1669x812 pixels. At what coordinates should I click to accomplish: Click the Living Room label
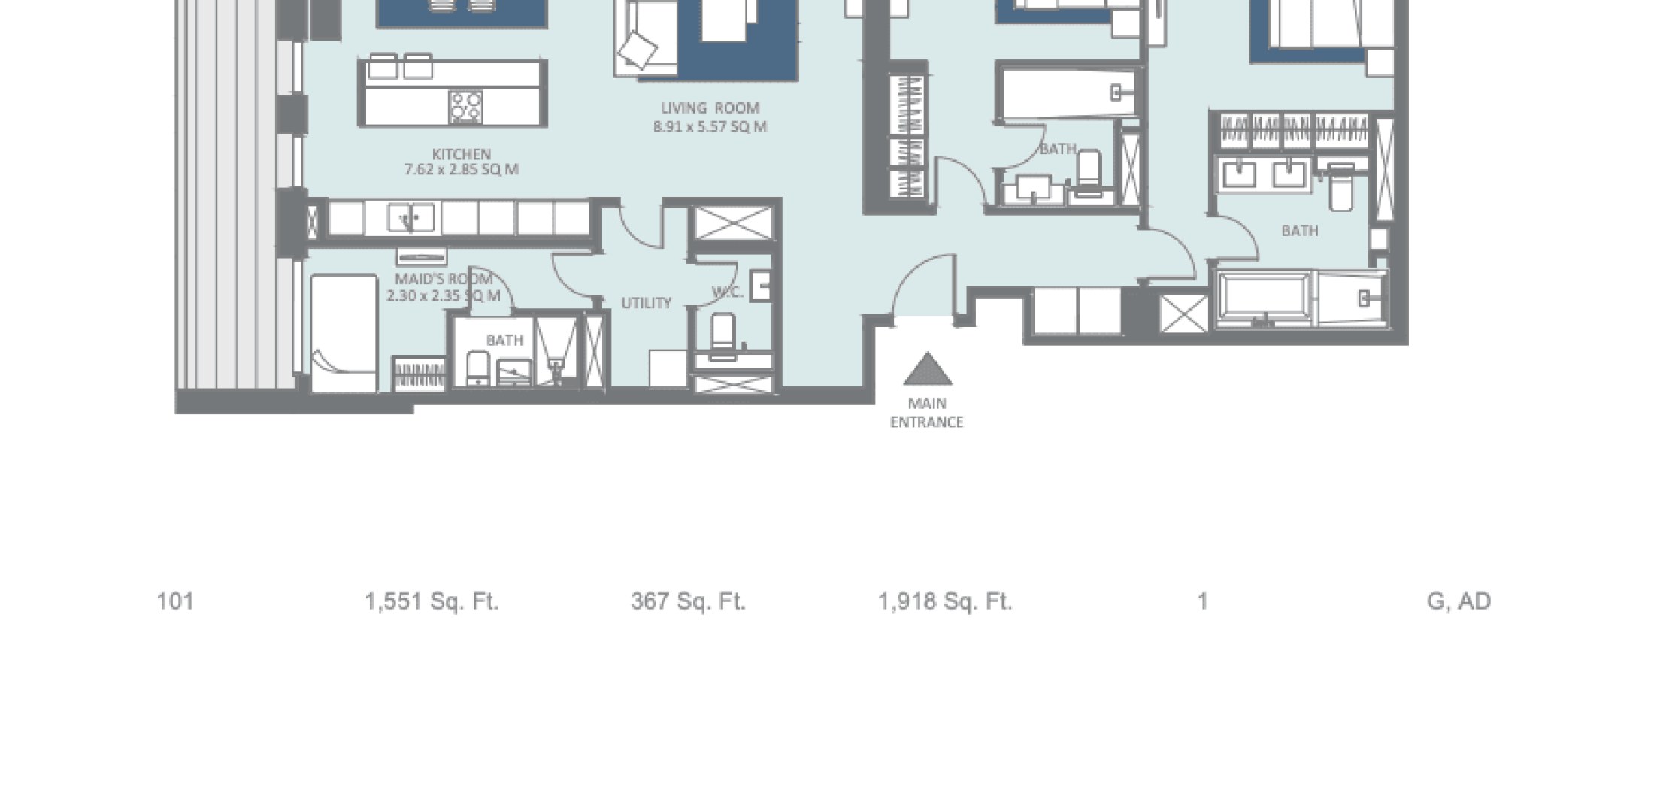(x=710, y=108)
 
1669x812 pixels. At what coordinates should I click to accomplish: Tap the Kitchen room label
(x=462, y=154)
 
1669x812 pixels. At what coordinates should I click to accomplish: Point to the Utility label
(x=647, y=303)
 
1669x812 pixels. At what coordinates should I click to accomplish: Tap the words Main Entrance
(x=927, y=413)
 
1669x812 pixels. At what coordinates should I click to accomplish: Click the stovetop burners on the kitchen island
(x=465, y=107)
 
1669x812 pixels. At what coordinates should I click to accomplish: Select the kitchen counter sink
(x=410, y=218)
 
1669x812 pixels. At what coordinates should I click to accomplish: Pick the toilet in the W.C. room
(x=723, y=335)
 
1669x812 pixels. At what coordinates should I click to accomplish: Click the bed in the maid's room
(x=344, y=332)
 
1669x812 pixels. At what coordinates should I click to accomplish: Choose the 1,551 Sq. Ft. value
(x=432, y=601)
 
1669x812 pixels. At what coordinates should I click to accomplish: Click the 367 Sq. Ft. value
(x=688, y=601)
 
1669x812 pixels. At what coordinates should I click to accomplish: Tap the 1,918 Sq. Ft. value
(x=945, y=601)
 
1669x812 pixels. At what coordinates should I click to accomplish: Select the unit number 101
(x=175, y=601)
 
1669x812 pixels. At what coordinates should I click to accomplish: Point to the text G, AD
(x=1458, y=601)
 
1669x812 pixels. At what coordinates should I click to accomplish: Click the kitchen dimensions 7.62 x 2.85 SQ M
(x=462, y=170)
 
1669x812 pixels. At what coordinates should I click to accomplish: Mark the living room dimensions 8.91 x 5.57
(x=710, y=127)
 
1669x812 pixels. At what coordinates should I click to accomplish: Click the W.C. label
(x=727, y=292)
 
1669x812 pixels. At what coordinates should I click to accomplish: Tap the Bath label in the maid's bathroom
(x=504, y=341)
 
